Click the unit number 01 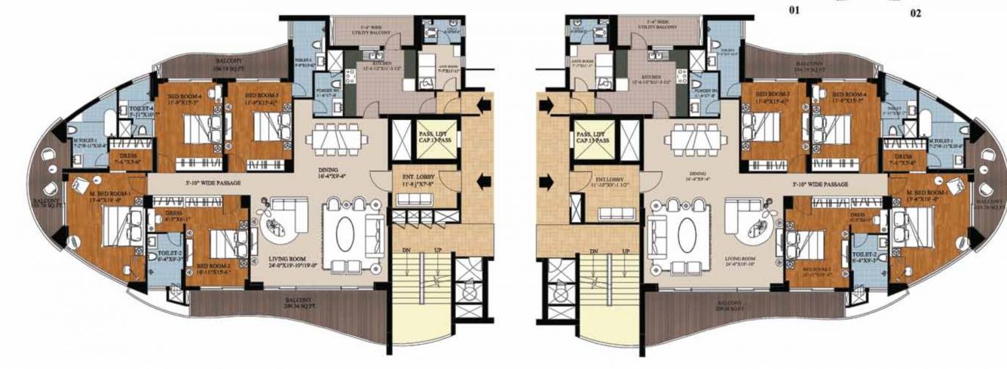point(794,11)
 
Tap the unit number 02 point(915,14)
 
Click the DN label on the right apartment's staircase point(593,250)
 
